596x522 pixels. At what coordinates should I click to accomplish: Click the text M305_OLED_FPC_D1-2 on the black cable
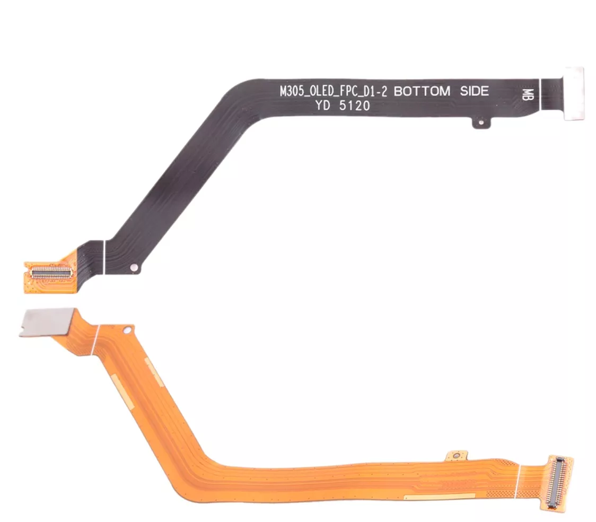point(333,92)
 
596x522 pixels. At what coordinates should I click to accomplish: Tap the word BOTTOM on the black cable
point(422,91)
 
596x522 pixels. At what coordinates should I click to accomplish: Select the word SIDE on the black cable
point(475,91)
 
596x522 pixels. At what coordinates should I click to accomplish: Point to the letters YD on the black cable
point(322,106)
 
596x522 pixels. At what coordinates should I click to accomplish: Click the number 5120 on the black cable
point(354,106)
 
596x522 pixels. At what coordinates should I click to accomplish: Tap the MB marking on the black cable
point(528,94)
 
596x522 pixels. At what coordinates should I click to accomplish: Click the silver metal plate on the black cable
point(574,93)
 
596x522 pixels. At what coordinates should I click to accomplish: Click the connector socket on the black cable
point(51,272)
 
